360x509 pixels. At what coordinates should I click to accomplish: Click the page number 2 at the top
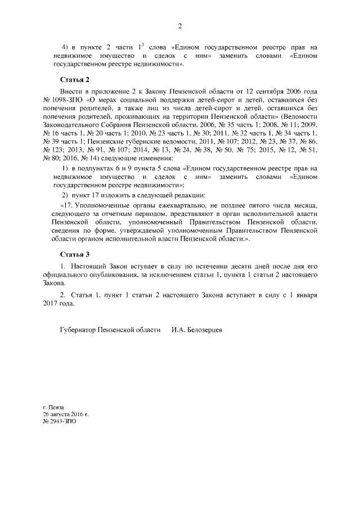point(180,25)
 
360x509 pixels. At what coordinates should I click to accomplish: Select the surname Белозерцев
point(204,330)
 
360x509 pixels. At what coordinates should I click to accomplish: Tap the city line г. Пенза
point(54,407)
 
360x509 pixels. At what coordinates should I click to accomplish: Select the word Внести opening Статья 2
point(70,91)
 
